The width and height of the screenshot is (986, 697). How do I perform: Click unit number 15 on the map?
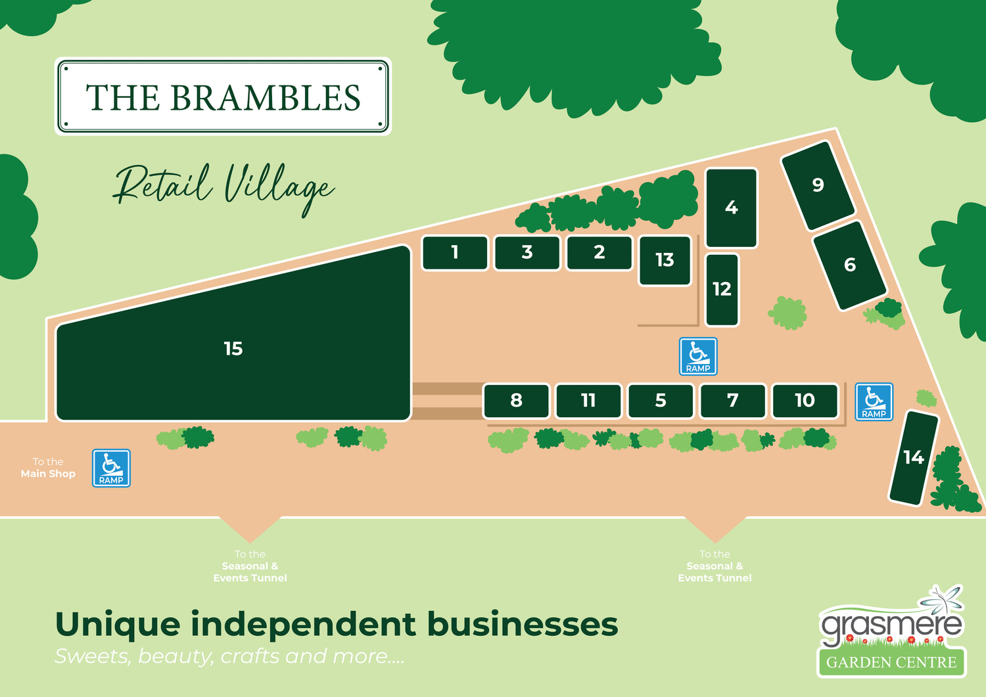point(233,348)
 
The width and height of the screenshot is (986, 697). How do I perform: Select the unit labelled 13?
point(665,260)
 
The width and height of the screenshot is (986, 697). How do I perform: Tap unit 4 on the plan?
point(731,208)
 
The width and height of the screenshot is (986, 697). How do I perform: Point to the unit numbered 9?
point(818,185)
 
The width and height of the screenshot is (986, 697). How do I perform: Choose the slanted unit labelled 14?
point(913,457)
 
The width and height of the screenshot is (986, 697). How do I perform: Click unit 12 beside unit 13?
point(722,289)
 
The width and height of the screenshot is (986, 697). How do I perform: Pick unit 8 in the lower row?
point(516,401)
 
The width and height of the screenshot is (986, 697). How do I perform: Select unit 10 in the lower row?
point(805,401)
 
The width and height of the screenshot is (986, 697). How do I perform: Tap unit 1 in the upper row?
point(454,252)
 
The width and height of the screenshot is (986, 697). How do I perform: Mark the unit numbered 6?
point(849,265)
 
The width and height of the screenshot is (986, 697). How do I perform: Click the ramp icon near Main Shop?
point(111,468)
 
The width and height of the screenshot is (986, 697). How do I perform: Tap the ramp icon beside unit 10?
point(874,401)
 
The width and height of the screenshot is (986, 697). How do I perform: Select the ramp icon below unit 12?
point(697,356)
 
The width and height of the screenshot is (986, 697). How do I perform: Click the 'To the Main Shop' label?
point(48,468)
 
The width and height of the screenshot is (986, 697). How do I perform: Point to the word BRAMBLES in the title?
point(266,98)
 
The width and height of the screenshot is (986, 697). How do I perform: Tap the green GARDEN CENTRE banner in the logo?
point(891,662)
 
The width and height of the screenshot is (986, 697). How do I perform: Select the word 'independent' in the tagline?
point(304,624)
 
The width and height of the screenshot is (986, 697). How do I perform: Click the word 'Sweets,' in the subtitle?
point(93,656)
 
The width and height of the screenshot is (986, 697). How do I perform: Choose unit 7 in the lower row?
point(732,401)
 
